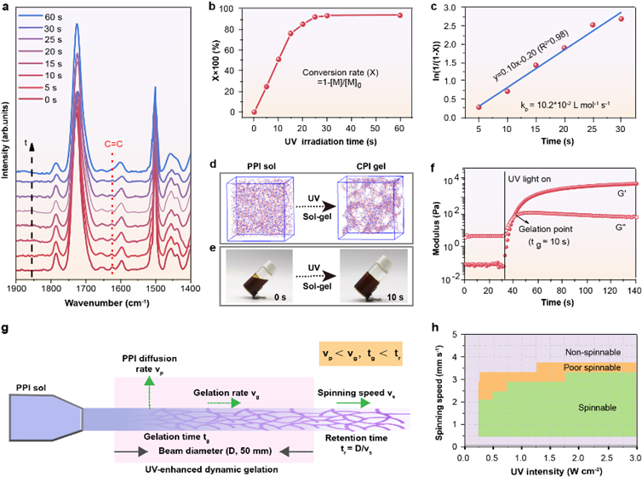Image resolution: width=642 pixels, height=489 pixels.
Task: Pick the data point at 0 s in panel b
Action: [254, 112]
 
